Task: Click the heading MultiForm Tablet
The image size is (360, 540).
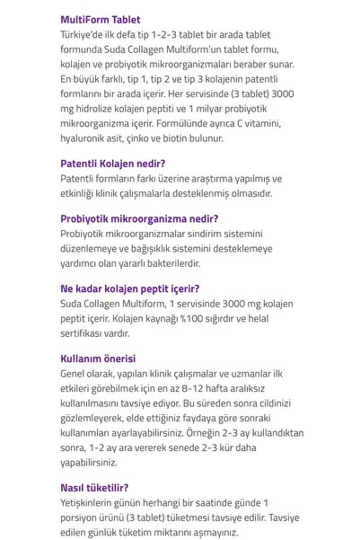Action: pos(100,19)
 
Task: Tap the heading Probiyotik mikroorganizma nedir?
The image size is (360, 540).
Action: pos(139,218)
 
